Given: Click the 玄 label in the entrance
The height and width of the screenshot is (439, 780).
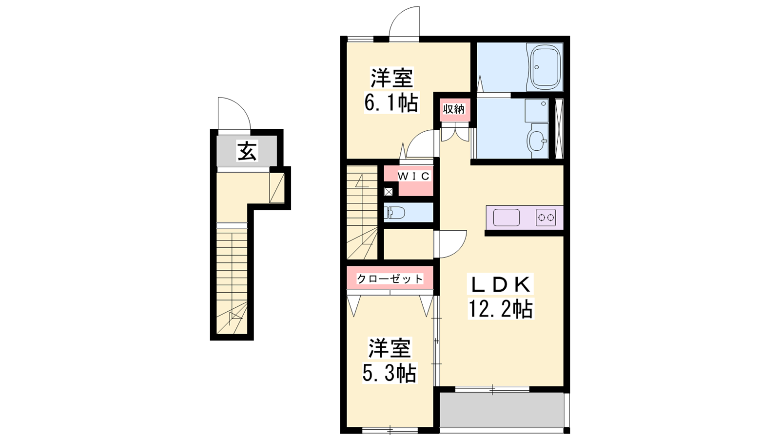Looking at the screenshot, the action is tap(247, 151).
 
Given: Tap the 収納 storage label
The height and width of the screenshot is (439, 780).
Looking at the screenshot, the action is tap(454, 109).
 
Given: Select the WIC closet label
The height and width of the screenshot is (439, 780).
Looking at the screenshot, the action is tap(414, 176).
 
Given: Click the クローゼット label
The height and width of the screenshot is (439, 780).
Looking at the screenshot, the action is tap(390, 279).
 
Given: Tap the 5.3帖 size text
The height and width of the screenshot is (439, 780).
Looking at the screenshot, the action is tap(390, 373).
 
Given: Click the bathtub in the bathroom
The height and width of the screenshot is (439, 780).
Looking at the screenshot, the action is tap(545, 67).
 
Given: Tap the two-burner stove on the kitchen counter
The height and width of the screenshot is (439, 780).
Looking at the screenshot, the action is tap(546, 218).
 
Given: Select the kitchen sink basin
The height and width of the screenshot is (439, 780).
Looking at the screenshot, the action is tap(507, 218).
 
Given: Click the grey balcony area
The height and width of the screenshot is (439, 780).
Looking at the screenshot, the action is tap(502, 410).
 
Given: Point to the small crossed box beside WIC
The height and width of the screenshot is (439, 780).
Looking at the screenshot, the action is tap(388, 192).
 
